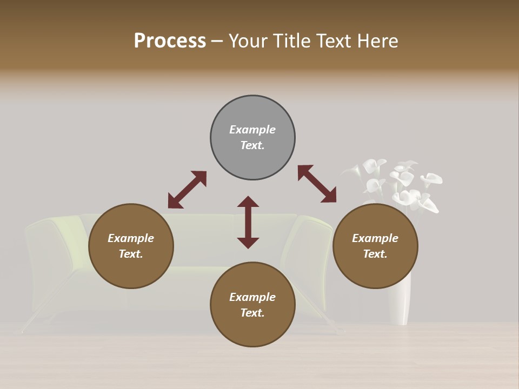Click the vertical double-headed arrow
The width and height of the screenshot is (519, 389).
click(248, 222)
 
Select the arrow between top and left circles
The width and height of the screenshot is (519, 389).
click(187, 190)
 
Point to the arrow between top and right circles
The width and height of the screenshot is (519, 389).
click(317, 184)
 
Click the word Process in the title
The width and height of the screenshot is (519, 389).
click(170, 41)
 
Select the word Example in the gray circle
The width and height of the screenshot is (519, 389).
click(252, 130)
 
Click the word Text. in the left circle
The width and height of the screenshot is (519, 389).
click(131, 254)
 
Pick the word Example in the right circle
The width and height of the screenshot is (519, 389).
click(375, 238)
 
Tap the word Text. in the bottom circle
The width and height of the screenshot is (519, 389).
click(252, 313)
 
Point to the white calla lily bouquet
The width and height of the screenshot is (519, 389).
click(397, 184)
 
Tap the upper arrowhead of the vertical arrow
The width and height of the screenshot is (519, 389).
click(248, 202)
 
